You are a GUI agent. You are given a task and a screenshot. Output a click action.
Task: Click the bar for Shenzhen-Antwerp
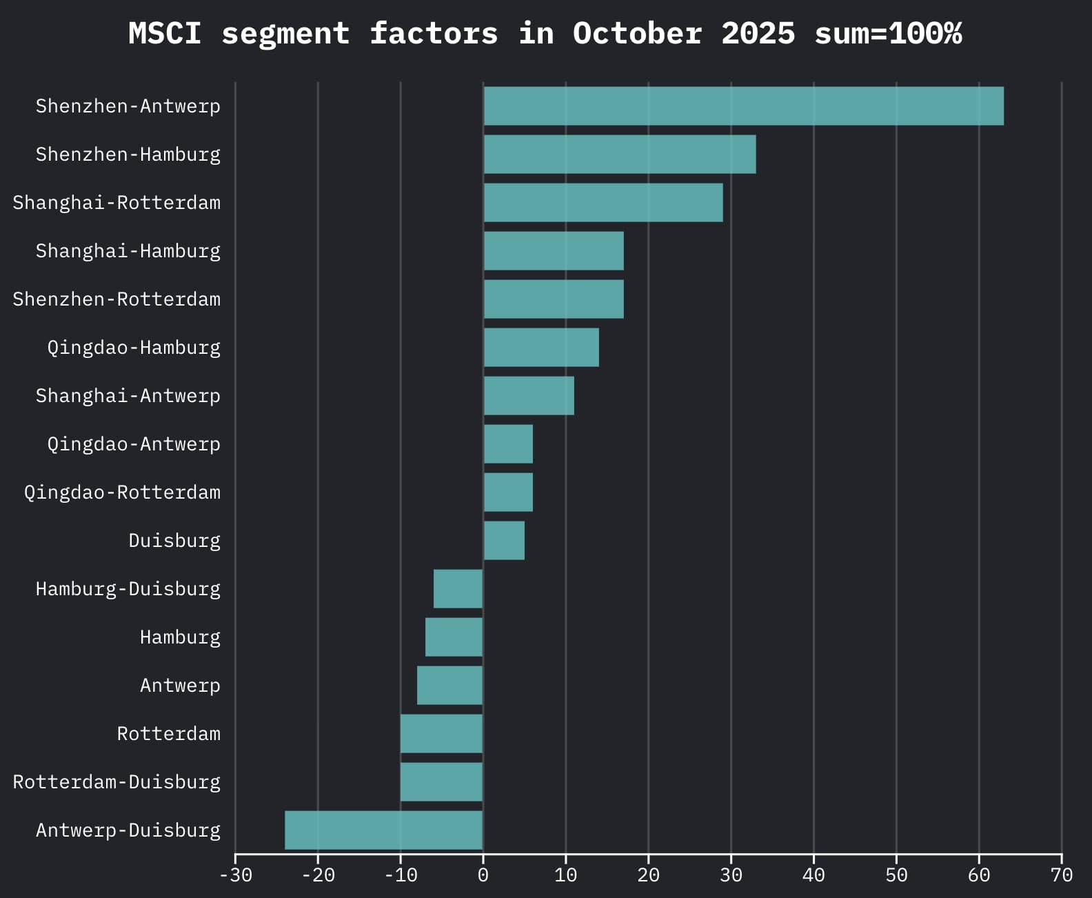[x=743, y=106]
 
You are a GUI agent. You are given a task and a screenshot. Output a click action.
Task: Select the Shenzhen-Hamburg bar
[x=619, y=154]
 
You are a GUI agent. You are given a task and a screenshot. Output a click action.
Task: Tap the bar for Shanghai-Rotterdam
[x=603, y=202]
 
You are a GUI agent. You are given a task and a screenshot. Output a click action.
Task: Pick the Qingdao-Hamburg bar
[x=540, y=347]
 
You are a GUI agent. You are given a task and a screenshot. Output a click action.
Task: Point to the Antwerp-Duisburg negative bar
[x=383, y=830]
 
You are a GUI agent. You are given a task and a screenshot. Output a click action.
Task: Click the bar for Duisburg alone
[x=503, y=540]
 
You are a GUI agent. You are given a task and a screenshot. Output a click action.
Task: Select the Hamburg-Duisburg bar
[x=458, y=588]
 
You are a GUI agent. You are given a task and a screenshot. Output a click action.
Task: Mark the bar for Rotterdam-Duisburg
[x=441, y=781]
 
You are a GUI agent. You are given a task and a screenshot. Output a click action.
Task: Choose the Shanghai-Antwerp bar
[x=528, y=395]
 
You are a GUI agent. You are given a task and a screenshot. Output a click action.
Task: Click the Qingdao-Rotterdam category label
[x=122, y=492]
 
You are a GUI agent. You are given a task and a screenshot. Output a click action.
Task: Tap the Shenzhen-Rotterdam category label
[x=117, y=299]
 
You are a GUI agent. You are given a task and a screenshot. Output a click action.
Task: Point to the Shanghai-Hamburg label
[x=128, y=251]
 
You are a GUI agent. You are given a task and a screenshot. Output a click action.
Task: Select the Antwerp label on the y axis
[x=180, y=686]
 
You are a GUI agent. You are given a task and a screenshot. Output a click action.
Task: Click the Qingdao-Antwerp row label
[x=133, y=444]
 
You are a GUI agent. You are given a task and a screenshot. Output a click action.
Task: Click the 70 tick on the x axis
[x=1062, y=875]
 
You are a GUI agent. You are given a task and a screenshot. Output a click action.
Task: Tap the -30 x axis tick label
[x=235, y=875]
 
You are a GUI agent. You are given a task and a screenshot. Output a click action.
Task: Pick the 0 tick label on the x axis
[x=483, y=875]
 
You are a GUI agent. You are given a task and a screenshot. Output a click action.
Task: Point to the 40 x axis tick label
[x=813, y=875]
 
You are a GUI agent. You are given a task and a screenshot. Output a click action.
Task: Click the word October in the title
[x=637, y=33]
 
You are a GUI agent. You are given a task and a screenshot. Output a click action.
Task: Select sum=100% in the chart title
[x=888, y=33]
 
